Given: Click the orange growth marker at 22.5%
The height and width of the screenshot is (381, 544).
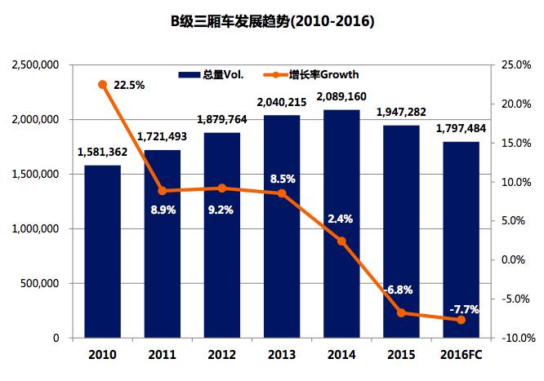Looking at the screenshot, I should click(x=102, y=84).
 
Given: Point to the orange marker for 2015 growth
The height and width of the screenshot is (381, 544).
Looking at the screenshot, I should click(x=401, y=312).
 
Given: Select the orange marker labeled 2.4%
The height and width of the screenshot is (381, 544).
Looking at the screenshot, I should click(x=341, y=241).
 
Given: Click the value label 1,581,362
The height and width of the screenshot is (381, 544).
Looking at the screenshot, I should click(x=102, y=151).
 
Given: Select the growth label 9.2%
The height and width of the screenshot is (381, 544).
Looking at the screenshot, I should click(x=221, y=209).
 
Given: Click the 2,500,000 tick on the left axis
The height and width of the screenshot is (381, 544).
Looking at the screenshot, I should click(x=33, y=64).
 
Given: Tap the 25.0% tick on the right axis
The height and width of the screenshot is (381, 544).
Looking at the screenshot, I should click(x=517, y=64).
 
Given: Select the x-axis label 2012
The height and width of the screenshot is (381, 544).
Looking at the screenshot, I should click(x=221, y=356).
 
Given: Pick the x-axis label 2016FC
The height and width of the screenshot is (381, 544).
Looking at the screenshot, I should click(x=461, y=356).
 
